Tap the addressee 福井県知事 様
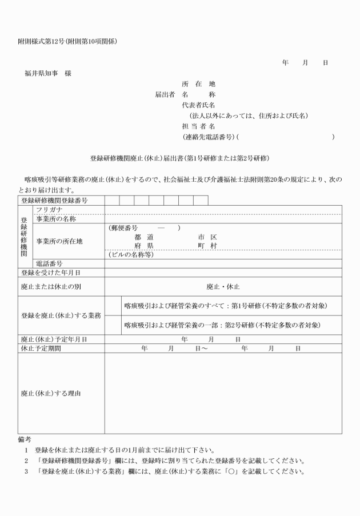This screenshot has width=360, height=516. click(48, 73)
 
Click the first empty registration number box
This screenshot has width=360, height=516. click(112, 201)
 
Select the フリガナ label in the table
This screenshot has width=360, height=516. click(49, 210)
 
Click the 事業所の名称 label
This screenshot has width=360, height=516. click(56, 219)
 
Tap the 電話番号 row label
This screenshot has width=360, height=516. click(49, 263)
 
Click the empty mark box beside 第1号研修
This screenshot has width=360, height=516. click(113, 306)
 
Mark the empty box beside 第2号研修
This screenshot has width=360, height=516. click(113, 325)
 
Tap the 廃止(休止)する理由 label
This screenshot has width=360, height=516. click(51, 393)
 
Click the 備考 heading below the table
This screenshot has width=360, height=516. click(25, 439)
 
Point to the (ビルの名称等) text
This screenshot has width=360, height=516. click(131, 255)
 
